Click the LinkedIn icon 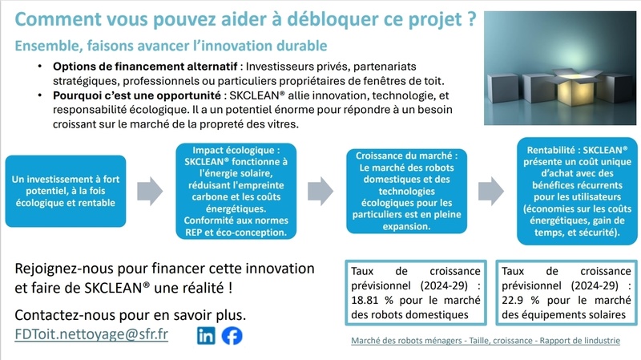tap(206, 336)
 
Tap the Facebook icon tap(232, 336)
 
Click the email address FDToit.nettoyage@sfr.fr tap(91, 334)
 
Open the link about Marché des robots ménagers tap(486, 341)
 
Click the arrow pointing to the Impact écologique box tap(150, 191)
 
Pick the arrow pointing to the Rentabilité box tap(491, 191)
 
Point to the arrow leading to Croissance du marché tap(320, 191)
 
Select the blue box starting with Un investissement tap(66, 191)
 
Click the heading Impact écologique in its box tap(236, 150)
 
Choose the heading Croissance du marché tap(407, 156)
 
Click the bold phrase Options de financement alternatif tap(145, 67)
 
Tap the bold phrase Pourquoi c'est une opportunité tap(137, 95)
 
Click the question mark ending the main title tap(471, 19)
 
